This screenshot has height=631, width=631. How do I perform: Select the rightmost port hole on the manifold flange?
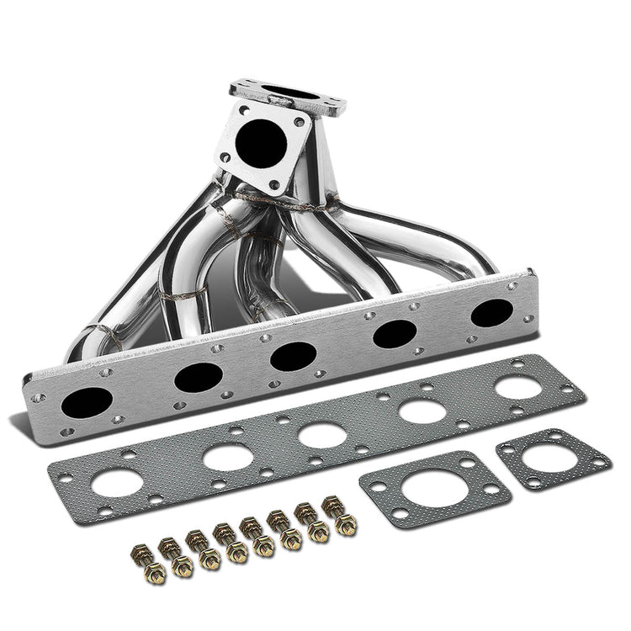[492, 313]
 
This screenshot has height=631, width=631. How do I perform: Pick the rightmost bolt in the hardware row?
[344, 517]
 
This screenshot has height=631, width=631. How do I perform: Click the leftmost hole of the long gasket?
[117, 482]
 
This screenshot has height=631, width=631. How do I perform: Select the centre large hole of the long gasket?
[322, 434]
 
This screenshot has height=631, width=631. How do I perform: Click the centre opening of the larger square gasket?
[435, 489]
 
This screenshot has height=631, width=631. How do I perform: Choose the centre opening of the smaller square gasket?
[552, 456]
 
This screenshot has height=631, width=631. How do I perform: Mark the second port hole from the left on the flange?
[199, 377]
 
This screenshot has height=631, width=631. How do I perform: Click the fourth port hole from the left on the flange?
[395, 334]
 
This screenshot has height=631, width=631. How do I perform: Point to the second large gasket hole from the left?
[228, 457]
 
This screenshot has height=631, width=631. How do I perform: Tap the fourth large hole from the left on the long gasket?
[422, 411]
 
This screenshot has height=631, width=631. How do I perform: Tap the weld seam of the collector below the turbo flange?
[269, 199]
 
